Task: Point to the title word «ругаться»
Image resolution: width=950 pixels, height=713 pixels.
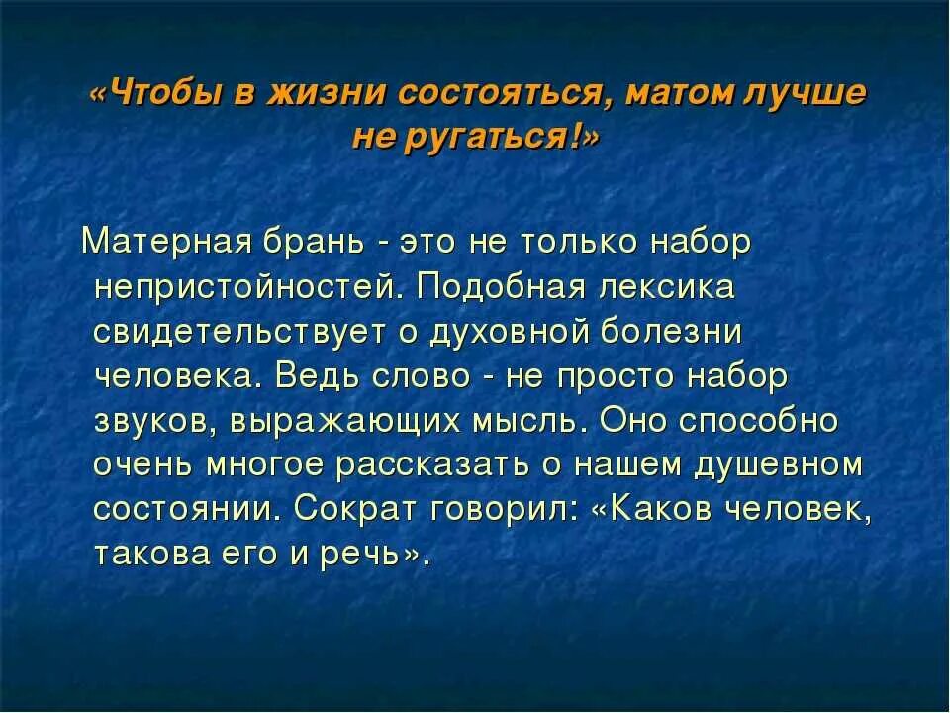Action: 494,138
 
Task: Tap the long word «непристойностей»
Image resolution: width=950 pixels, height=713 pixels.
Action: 246,286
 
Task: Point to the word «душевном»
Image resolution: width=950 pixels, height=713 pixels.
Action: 771,464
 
